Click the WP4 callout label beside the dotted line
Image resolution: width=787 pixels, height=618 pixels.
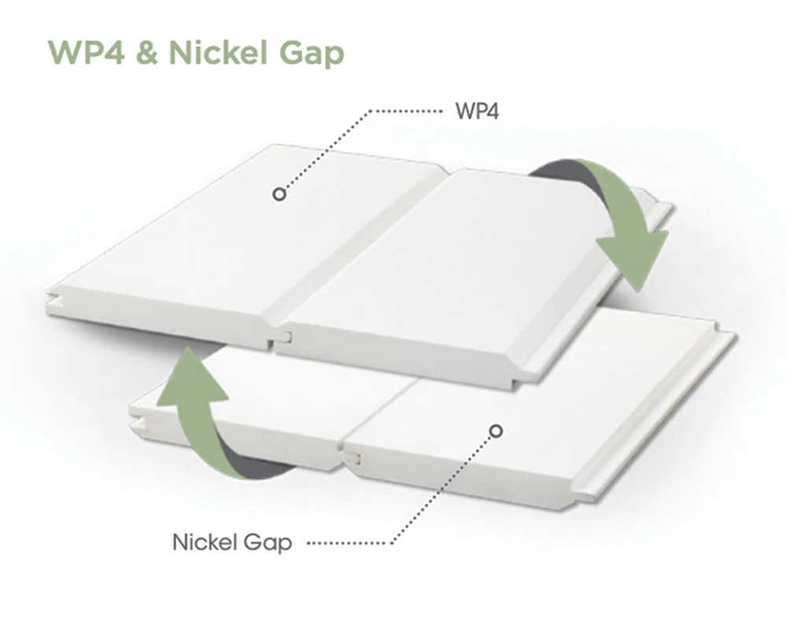coord(478,110)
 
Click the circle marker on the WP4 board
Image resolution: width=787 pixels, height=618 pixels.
coord(278,194)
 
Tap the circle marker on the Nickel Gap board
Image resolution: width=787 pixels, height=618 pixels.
coord(496,430)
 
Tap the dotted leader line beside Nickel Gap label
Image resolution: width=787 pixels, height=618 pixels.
coord(350,543)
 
